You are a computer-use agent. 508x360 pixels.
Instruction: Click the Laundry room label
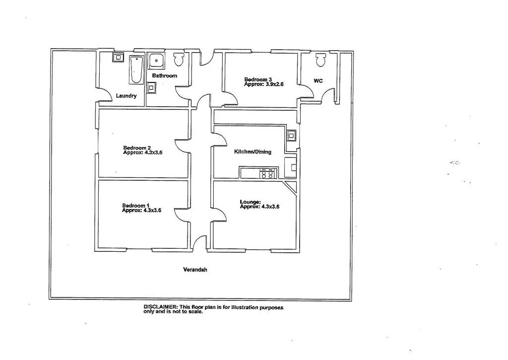coord(126,96)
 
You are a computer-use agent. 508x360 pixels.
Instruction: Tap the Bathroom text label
coord(164,76)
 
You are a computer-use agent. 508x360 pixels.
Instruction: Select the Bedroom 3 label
coord(258,79)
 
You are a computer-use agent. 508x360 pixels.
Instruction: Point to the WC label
coord(318,80)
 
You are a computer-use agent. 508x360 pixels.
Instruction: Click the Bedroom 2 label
coord(137,148)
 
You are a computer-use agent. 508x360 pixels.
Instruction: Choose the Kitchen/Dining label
coord(253,152)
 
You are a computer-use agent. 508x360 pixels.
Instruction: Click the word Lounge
coord(250,202)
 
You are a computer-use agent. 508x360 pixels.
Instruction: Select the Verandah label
coord(195,270)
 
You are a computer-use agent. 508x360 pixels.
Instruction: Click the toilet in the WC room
coord(320,60)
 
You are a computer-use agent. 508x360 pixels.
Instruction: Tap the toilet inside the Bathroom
coord(179,60)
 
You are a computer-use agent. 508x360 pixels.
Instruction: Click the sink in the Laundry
coord(119,57)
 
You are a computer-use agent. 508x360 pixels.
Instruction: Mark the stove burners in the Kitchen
coord(267,173)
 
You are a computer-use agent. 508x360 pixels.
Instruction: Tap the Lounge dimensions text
coord(259,207)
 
